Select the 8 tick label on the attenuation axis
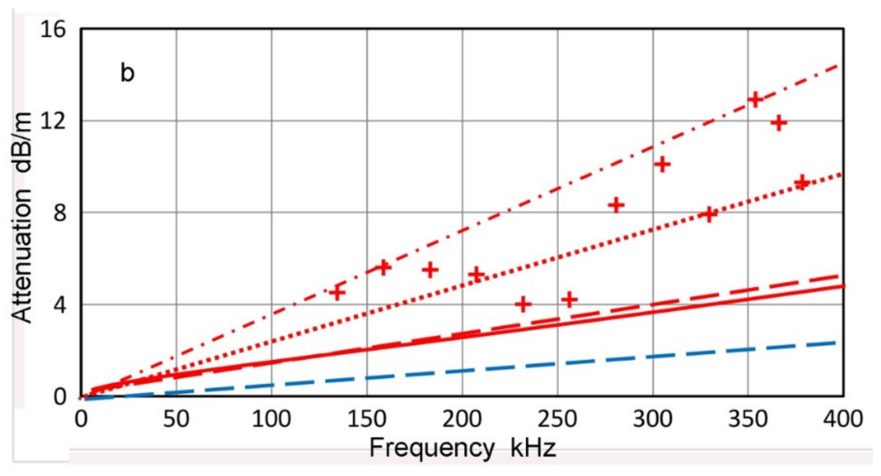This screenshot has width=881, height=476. [60, 212]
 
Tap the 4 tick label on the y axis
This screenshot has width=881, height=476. [60, 305]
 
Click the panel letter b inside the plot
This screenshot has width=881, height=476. [127, 73]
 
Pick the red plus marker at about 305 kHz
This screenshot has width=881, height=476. [663, 164]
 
